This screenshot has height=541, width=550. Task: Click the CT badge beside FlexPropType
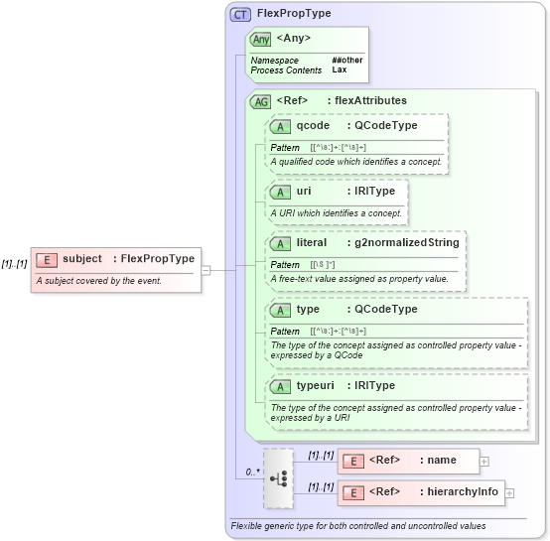(240, 15)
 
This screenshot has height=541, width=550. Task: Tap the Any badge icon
(261, 40)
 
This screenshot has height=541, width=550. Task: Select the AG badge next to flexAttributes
(261, 101)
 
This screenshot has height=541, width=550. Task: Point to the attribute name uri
(304, 191)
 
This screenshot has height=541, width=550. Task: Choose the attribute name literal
(312, 243)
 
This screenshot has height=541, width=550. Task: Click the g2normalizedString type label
(402, 243)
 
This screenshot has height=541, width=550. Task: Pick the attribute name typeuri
(318, 386)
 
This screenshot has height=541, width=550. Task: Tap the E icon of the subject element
(46, 259)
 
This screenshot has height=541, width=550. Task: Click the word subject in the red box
(82, 259)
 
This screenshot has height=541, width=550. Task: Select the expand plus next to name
(484, 461)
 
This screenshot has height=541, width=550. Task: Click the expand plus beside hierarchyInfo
(509, 492)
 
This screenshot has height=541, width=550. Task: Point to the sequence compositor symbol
(279, 477)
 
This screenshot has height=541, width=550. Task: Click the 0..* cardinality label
(253, 473)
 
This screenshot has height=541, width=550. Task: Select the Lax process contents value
(340, 70)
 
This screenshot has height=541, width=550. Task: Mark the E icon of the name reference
(352, 461)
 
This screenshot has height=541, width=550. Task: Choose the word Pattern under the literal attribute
(285, 265)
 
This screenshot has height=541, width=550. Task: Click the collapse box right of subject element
(206, 269)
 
